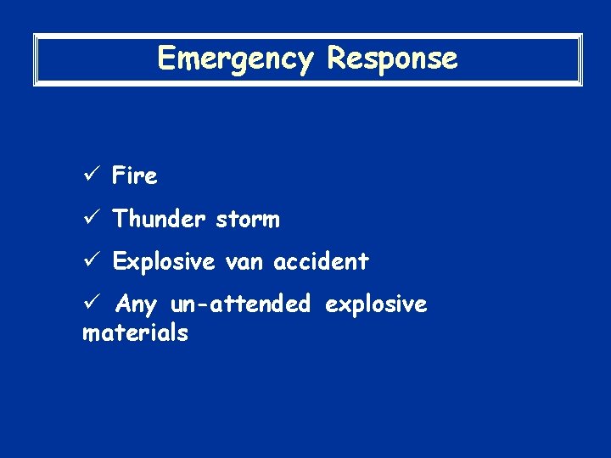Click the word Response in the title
coord(392,59)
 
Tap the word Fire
coord(135,176)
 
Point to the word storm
coord(247,220)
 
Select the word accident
coord(321,262)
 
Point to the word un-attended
coord(241,304)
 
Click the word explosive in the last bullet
coord(377,304)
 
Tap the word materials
coord(135,332)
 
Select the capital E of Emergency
coord(166,59)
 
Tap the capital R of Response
coord(336,59)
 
